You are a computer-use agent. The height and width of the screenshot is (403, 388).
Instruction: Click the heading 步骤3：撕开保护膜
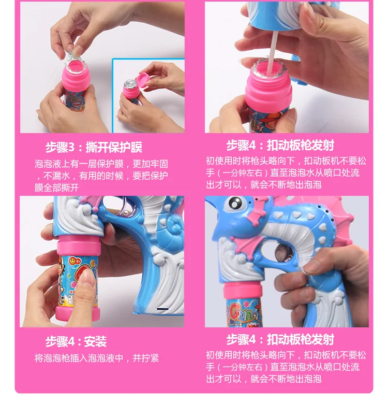(x=94, y=147)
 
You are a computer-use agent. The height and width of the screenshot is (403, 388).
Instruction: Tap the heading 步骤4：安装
(x=76, y=341)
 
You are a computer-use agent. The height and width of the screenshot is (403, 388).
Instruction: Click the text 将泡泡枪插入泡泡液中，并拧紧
(x=97, y=358)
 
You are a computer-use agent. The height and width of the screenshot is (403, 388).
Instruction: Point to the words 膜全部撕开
(x=57, y=188)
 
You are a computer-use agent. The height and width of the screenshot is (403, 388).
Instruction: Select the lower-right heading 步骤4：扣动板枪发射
(x=280, y=339)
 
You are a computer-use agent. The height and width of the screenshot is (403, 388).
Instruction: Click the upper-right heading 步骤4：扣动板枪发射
(x=280, y=145)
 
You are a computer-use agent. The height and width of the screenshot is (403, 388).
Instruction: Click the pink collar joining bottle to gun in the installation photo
(x=78, y=246)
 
